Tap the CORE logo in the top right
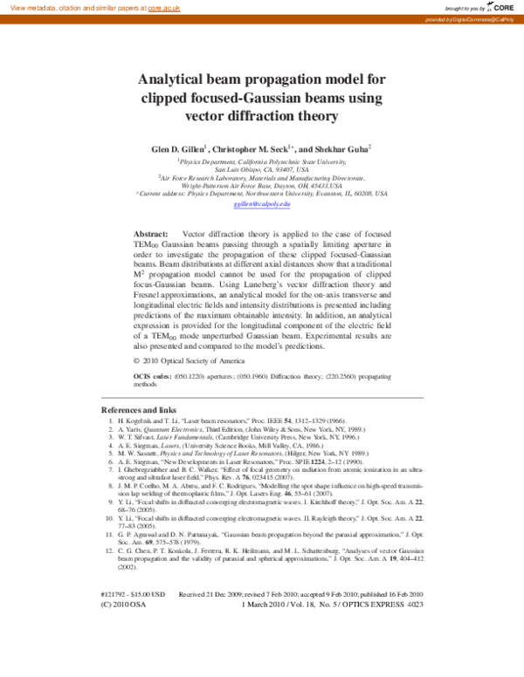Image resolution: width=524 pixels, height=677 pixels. click(x=501, y=6)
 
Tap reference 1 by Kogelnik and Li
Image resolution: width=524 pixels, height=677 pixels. click(x=227, y=421)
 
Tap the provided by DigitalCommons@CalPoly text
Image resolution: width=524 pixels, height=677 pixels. click(x=473, y=18)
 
